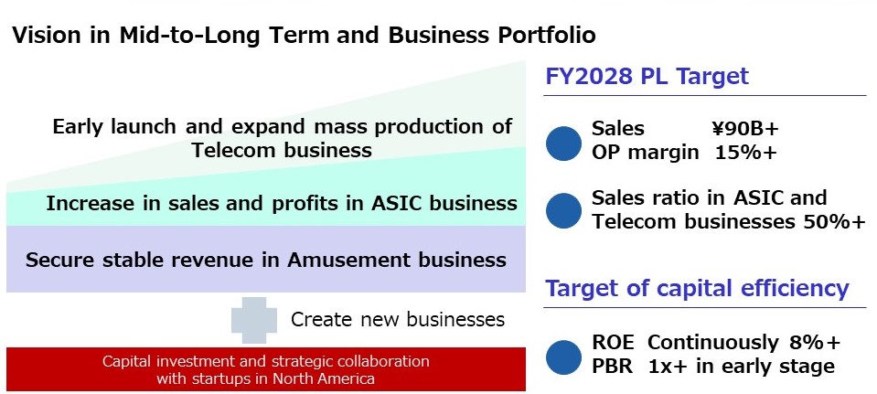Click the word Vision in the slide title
(44, 36)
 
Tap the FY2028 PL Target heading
(647, 76)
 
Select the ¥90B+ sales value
(745, 129)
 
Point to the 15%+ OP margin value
(746, 152)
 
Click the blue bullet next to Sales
(563, 144)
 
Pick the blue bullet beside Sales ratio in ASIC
(563, 210)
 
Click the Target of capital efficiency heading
(697, 288)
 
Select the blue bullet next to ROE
(563, 357)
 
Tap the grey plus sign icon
(254, 320)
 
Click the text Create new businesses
(398, 320)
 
